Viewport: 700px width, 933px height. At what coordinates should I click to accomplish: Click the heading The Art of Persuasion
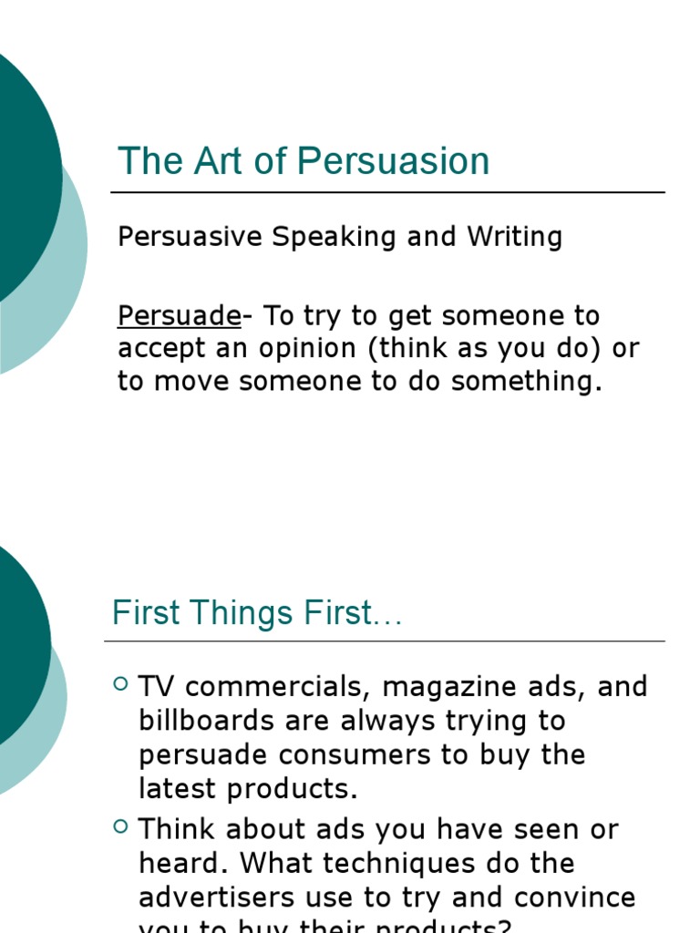point(304,161)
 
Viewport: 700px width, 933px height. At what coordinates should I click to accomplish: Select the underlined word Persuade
point(179,316)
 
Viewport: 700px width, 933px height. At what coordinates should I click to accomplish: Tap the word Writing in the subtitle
point(515,237)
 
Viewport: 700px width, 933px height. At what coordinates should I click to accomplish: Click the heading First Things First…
point(257,613)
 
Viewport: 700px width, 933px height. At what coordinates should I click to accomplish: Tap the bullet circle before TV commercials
point(121,683)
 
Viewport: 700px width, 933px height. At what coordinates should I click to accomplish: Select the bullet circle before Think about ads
point(121,826)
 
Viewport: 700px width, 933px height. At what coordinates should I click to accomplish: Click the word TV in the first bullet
point(157,686)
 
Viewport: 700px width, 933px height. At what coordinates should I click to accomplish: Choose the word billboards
point(207,721)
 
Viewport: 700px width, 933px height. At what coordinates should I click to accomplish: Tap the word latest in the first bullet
point(183,789)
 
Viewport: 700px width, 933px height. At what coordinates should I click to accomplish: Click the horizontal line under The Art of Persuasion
point(387,193)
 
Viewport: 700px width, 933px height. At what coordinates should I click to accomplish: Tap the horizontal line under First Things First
point(384,641)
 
